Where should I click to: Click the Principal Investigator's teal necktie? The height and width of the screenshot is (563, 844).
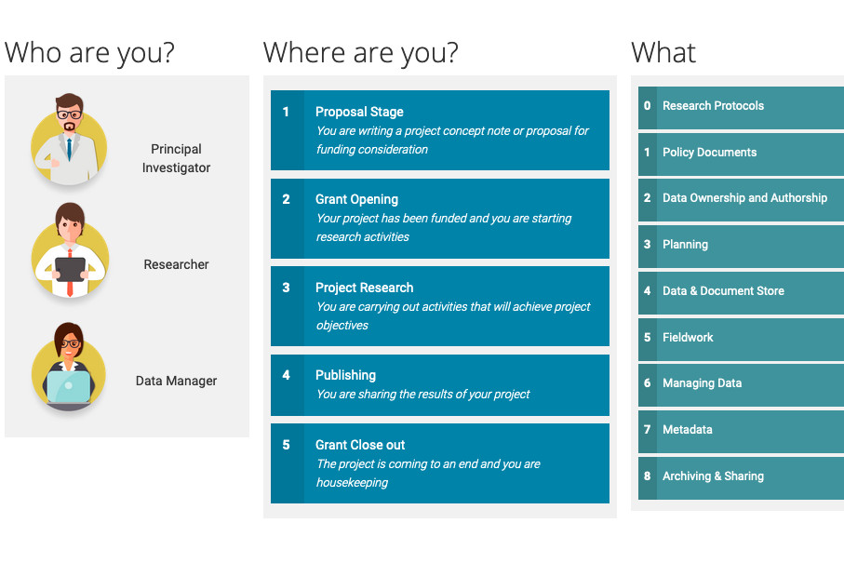click(69, 149)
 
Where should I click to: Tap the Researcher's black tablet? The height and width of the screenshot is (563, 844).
click(70, 269)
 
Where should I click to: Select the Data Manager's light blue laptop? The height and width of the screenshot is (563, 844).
click(68, 387)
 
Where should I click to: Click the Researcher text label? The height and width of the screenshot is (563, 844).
click(176, 264)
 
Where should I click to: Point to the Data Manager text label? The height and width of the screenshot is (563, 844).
click(176, 381)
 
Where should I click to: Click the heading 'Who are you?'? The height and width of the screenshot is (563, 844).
click(89, 53)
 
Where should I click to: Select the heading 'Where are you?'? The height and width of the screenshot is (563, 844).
click(361, 53)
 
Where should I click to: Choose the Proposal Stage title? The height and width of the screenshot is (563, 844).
click(359, 112)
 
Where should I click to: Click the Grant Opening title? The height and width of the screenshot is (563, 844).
click(356, 199)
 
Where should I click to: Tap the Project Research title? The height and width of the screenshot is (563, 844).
click(364, 288)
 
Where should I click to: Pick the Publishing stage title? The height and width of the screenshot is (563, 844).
click(345, 375)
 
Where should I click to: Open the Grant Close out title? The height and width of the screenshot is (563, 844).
click(359, 445)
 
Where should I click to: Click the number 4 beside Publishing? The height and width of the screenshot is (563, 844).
click(286, 375)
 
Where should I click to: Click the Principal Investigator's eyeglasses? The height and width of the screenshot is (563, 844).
click(69, 114)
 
